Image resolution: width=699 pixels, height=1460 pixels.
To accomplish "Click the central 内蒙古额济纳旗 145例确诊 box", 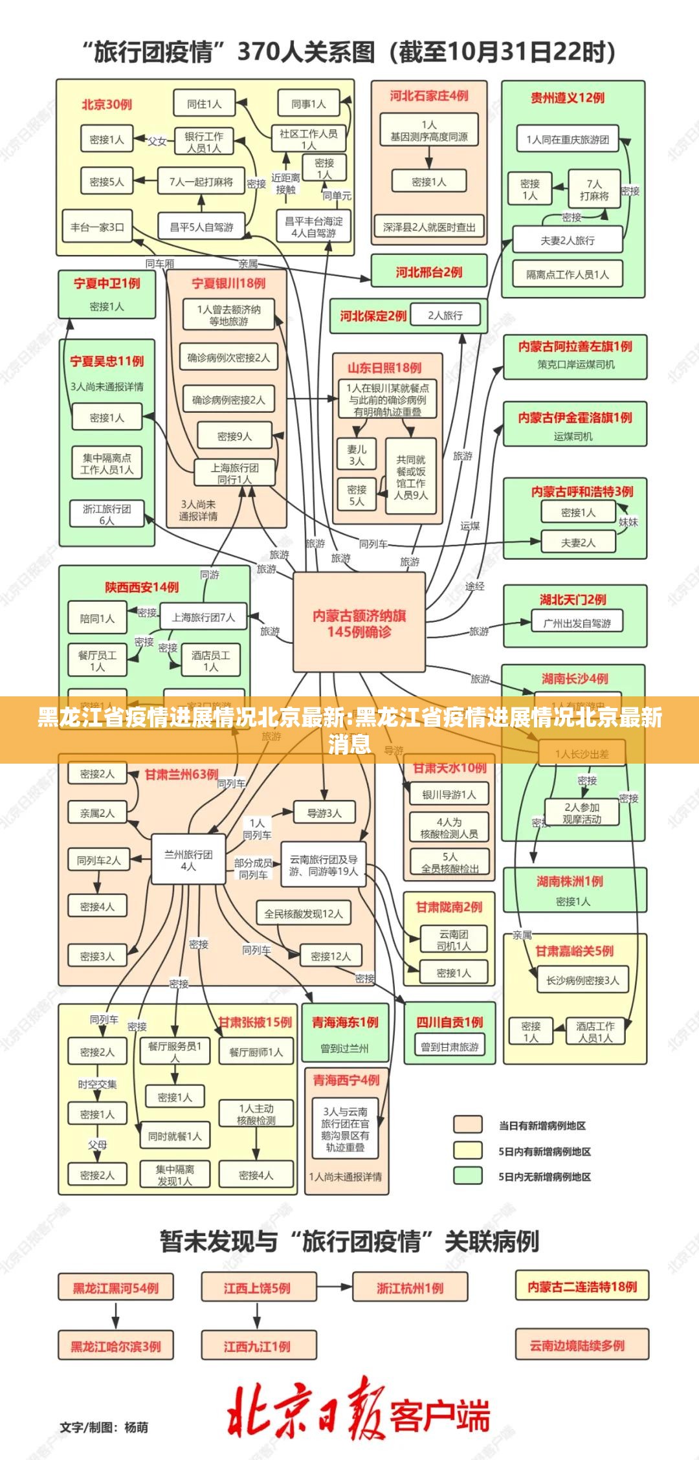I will (359, 623).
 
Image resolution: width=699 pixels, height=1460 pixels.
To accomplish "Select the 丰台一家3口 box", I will (97, 227).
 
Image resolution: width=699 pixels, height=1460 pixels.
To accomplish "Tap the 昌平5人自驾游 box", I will (201, 227).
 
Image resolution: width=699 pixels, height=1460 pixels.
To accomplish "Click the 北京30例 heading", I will (107, 104).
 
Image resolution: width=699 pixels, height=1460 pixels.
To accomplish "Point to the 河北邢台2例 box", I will (428, 272).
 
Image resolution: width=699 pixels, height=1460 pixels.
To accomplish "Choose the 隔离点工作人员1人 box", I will (568, 274).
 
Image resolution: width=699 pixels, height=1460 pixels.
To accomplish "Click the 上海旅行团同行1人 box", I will (234, 473).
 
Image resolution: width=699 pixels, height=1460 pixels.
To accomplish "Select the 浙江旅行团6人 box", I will (107, 514).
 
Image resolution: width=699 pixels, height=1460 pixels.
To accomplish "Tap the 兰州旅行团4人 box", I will (188, 860).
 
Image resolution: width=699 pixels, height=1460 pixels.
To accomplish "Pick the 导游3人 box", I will (324, 813).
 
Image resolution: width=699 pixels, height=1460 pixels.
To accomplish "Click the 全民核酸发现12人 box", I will (304, 914).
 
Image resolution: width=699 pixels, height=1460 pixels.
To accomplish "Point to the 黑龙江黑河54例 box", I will (116, 1288).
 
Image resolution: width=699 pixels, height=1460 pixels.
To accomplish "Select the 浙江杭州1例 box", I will (410, 1288).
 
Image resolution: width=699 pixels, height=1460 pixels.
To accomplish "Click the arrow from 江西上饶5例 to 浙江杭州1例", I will (334, 1288).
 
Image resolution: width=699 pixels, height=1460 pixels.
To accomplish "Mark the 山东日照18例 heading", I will (384, 368).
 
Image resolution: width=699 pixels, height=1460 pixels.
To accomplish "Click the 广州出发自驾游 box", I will (577, 623).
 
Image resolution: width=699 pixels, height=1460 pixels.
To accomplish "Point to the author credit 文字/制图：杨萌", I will (104, 1426).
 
